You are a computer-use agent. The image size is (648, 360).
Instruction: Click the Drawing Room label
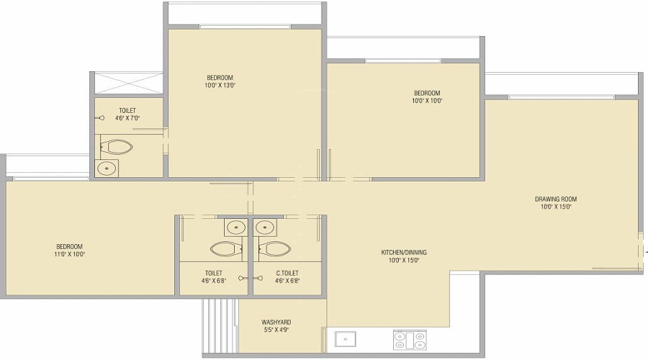coord(555,199)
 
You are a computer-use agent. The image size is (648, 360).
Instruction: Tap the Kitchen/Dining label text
coord(404,252)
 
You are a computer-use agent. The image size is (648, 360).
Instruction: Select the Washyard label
coord(276,323)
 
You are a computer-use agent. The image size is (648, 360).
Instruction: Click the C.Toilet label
coord(288,273)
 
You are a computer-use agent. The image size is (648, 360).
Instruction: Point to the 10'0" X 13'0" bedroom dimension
coord(220,85)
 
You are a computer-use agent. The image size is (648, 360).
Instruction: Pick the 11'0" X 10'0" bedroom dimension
coord(70,254)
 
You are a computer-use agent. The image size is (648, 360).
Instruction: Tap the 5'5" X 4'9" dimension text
coord(276,330)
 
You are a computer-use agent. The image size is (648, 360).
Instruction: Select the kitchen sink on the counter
coord(345,339)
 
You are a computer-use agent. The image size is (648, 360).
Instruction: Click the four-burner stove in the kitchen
coord(409,339)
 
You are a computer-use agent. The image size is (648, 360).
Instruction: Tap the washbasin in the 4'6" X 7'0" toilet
coord(107,168)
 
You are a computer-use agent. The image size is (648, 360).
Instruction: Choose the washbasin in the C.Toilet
coord(265,228)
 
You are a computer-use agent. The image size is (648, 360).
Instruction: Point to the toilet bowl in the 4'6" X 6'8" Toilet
coord(227,249)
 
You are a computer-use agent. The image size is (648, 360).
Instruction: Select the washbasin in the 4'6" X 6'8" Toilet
coord(235,228)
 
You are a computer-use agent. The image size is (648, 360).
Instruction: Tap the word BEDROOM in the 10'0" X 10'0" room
coord(427,93)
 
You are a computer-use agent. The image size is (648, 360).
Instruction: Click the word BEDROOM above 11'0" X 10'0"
coord(70,246)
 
